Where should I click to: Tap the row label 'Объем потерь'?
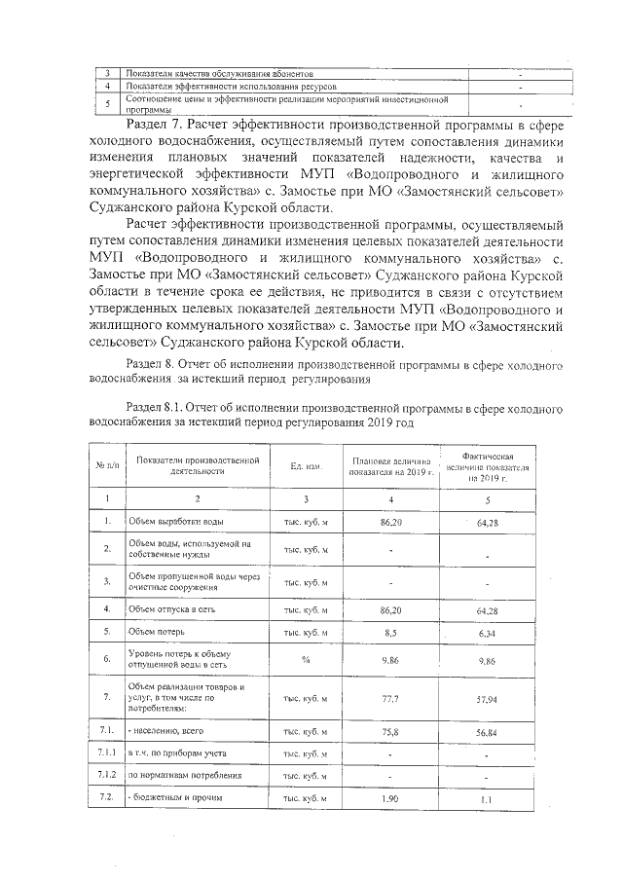point(157,631)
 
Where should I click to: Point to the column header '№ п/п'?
point(105,465)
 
